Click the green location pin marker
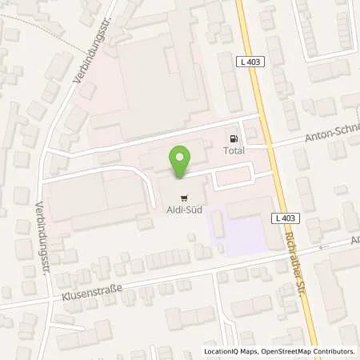pos(182,161)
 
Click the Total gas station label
pos(234,150)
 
